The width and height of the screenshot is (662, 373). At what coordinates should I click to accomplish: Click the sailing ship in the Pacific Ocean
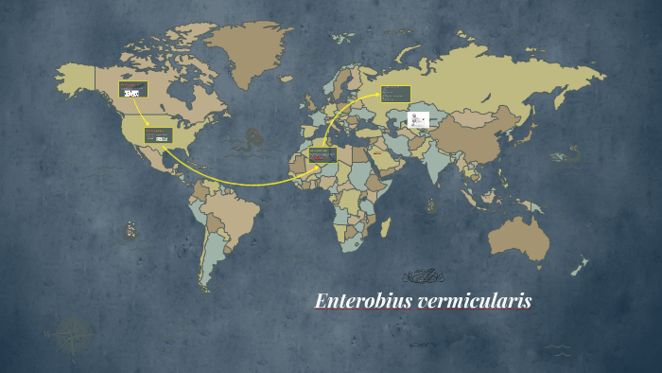pos(129,230)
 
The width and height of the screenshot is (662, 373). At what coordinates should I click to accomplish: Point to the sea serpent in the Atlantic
pos(249,140)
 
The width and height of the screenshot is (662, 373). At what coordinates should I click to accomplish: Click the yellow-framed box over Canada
pos(132,90)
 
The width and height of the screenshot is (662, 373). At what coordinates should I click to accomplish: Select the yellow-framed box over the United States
pos(158,135)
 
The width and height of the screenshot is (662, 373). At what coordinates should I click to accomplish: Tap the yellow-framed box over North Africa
pos(322,154)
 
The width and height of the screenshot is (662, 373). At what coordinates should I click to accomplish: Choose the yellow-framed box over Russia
pos(395,93)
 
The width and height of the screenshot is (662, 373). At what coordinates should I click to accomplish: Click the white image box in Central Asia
pos(418,119)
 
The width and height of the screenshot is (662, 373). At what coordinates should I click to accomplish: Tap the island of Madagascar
pos(386,227)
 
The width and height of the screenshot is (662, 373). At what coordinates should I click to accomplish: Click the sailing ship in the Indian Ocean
pos(430,204)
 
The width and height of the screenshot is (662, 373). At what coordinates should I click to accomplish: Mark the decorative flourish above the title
pos(425,276)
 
